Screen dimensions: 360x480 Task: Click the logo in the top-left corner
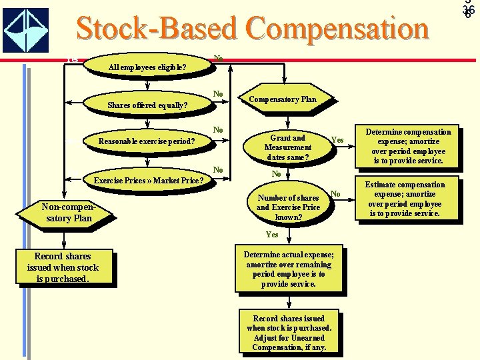[26, 30]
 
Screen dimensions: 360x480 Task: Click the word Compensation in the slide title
[333, 29]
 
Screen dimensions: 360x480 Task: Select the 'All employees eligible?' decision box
[147, 67]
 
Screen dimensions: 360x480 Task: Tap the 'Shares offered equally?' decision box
[147, 105]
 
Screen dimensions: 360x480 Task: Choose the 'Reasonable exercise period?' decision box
[147, 141]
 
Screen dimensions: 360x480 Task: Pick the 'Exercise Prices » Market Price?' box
[148, 180]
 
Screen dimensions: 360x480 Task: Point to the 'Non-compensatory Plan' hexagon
[65, 213]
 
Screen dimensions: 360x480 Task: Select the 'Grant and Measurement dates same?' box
[287, 147]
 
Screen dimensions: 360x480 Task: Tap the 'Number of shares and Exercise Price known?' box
[288, 207]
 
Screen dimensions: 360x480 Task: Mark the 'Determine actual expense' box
[288, 269]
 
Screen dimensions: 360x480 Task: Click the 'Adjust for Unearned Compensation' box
[288, 332]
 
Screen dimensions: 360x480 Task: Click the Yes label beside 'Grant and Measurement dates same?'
[337, 140]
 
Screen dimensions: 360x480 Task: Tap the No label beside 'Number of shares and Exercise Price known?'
[336, 194]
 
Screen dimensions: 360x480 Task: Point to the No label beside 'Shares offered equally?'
[217, 93]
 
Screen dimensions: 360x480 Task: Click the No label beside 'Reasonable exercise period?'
[217, 129]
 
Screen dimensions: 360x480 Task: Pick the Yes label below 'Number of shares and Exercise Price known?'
[272, 235]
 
